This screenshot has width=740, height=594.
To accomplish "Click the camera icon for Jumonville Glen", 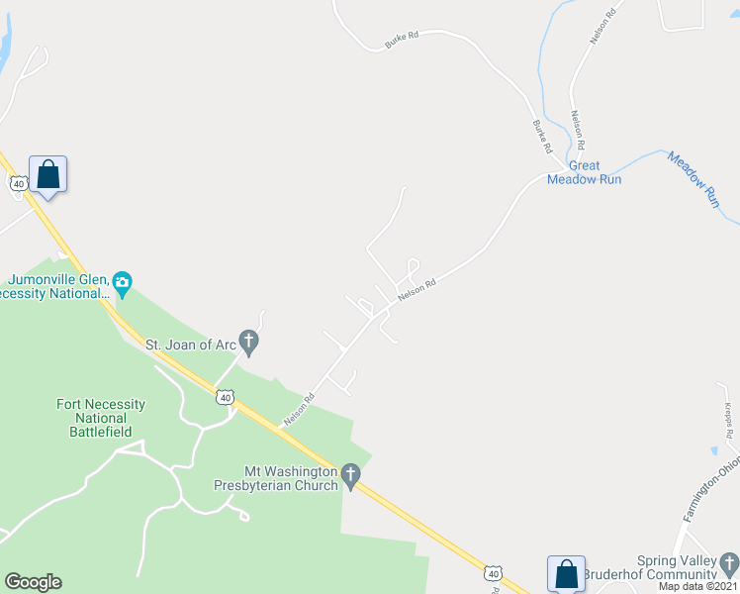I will coord(122,283).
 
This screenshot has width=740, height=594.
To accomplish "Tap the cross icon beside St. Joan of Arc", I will coord(249,345).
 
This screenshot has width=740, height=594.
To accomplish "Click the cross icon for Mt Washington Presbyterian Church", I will coord(350,478).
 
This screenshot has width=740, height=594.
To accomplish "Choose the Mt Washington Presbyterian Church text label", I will coord(276,478).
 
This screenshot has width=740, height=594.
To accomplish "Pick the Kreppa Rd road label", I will coord(726,420).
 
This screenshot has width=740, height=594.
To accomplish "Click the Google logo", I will coord(33,582).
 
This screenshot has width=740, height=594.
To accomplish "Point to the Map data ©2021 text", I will coord(698,586).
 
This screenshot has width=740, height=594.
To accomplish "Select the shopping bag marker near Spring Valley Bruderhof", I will coord(566,573).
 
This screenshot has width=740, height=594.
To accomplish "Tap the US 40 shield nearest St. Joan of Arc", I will coord(226,397).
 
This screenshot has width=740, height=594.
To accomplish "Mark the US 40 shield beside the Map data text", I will coord(493,573).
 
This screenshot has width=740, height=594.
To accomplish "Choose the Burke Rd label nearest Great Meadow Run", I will coord(542,137).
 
